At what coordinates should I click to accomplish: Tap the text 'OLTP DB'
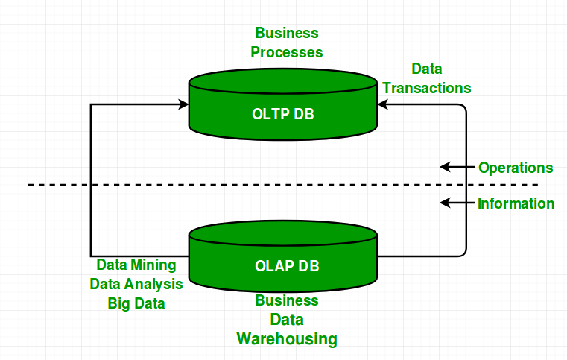(x=282, y=113)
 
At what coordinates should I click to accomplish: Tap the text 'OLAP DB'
(x=282, y=265)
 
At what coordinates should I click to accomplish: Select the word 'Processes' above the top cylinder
(x=287, y=52)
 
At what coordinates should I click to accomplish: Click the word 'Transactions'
(x=426, y=88)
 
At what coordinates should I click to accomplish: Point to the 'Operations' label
(x=516, y=168)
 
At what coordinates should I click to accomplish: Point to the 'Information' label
(x=516, y=203)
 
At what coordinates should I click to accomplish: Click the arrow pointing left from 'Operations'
(x=456, y=167)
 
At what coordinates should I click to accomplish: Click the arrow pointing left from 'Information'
(x=456, y=203)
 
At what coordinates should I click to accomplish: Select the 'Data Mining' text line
(x=136, y=265)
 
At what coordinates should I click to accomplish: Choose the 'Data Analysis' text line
(x=136, y=284)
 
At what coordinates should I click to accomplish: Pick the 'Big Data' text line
(x=136, y=303)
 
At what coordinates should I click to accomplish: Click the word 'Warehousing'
(x=287, y=339)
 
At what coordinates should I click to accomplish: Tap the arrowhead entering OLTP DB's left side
(x=183, y=105)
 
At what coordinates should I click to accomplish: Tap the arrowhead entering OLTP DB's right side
(x=383, y=105)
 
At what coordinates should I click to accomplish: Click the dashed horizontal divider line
(x=224, y=185)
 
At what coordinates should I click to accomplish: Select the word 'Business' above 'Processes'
(x=287, y=34)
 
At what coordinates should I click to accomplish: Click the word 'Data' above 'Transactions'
(x=426, y=69)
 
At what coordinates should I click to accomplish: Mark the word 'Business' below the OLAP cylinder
(x=287, y=301)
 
